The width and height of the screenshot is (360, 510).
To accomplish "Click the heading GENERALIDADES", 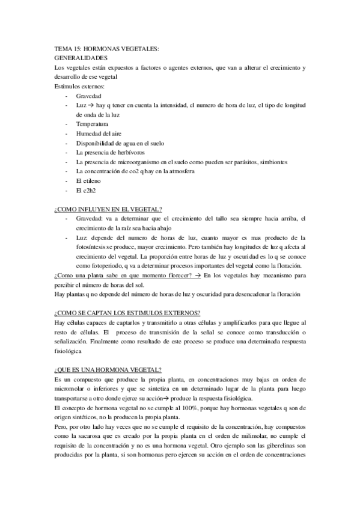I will pyautogui.click(x=81, y=58).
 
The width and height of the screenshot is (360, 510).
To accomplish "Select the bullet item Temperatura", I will pyautogui.click(x=92, y=124).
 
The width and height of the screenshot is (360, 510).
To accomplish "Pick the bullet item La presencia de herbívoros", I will pyautogui.click(x=111, y=153).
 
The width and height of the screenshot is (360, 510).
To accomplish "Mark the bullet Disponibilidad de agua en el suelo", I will pyautogui.click(x=120, y=143).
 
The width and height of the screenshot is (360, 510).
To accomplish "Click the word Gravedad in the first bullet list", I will pyautogui.click(x=89, y=96).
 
